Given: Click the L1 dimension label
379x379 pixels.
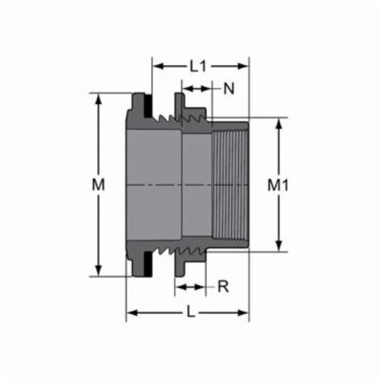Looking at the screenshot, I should click(198, 66).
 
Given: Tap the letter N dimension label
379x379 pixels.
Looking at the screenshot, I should click(229, 89).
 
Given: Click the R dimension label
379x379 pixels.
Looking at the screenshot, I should click(223, 287).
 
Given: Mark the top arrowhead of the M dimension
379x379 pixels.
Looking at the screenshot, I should click(97, 98).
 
